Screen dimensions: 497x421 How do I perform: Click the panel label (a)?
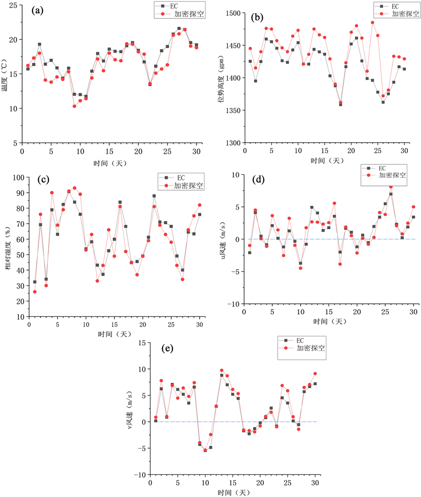click(37, 10)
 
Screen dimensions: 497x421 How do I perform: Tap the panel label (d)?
click(258, 179)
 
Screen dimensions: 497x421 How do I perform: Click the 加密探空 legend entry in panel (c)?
click(190, 186)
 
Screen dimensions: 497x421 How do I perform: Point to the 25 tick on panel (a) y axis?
click(12, 5)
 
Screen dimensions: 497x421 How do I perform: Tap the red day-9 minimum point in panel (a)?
click(75, 106)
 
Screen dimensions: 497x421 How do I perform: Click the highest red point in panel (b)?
click(373, 23)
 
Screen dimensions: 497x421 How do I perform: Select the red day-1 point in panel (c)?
click(35, 292)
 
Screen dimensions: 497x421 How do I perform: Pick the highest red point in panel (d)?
click(391, 186)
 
